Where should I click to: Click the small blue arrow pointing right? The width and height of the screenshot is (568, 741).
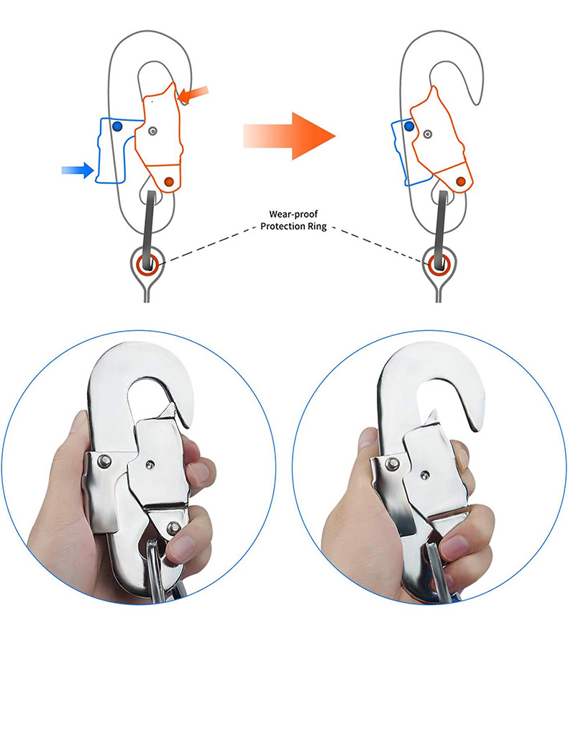78,170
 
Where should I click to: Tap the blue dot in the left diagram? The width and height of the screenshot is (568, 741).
117,127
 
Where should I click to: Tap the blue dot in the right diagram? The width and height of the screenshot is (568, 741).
409,126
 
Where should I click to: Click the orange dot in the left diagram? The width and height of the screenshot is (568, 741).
169,182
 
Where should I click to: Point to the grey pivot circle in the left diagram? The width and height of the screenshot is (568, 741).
153,131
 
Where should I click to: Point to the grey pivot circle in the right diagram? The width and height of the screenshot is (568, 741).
429,133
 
